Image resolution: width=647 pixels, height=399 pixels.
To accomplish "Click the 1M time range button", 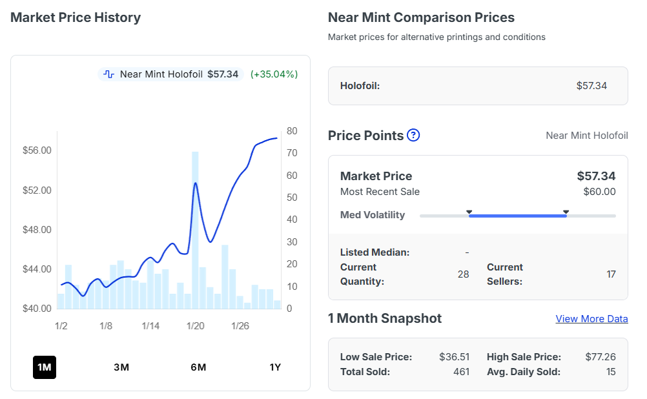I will (45, 367).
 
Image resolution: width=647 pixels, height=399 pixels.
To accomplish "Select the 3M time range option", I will (121, 367).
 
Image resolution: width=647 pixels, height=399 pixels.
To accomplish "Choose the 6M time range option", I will (198, 367).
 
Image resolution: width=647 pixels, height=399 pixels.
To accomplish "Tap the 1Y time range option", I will (275, 367).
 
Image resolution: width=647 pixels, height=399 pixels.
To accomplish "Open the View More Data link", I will (591, 319).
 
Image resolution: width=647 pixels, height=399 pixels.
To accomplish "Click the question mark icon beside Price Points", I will (413, 136).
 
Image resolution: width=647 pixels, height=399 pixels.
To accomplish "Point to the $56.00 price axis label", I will (37, 150).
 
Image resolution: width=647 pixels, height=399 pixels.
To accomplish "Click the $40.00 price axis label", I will (37, 309).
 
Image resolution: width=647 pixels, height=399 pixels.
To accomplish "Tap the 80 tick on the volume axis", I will (292, 131).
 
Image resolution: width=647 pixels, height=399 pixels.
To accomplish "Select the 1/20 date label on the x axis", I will (196, 326).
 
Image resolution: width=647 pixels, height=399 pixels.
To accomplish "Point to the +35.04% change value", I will (274, 74).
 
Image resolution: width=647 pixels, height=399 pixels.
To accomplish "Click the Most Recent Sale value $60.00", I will (599, 192).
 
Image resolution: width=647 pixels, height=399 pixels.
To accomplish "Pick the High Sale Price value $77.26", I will (600, 357).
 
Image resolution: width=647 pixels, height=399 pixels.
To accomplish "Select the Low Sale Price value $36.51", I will (454, 357).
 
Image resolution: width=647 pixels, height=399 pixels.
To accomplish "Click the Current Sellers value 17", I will (611, 274).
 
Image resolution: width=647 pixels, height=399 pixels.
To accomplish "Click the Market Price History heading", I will (76, 17).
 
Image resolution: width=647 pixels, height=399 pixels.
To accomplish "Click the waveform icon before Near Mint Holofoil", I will (109, 74).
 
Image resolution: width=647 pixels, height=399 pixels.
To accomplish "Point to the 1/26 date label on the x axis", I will (240, 326).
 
